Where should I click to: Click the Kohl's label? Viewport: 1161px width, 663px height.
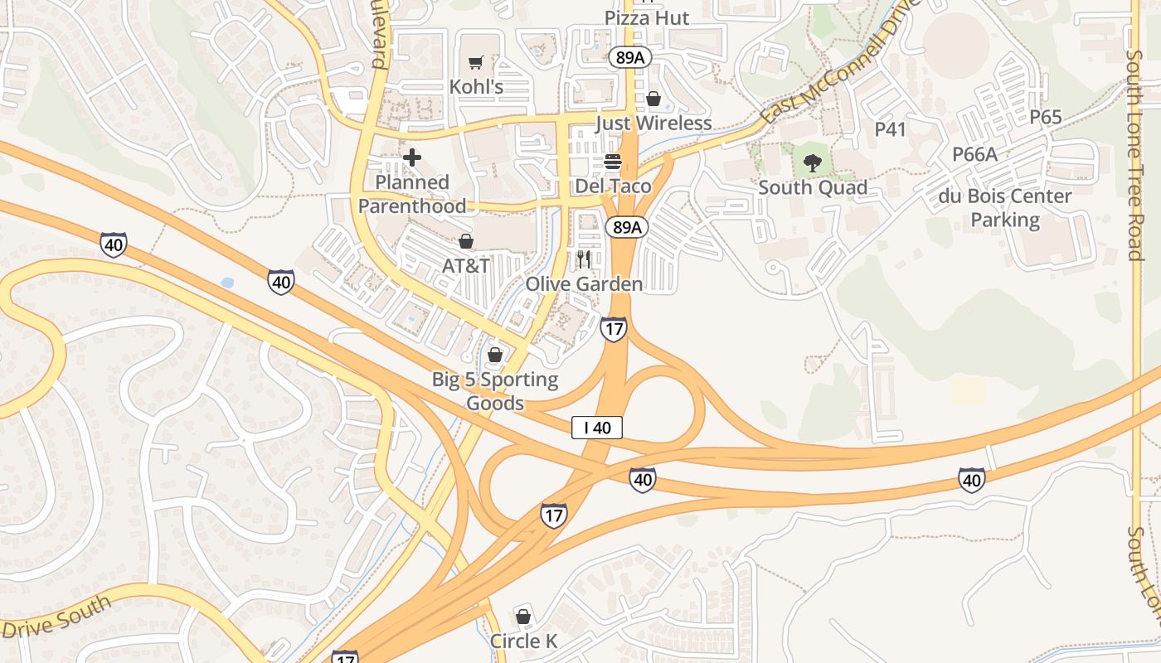(476, 86)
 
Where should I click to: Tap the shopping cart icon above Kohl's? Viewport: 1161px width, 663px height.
(475, 63)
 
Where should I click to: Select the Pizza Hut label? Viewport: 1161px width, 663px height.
(647, 18)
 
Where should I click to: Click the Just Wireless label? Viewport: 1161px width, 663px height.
(653, 123)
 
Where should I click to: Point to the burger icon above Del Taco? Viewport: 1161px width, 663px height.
(614, 162)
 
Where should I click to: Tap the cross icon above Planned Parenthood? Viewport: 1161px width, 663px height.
(412, 157)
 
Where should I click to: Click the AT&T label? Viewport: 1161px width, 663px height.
(466, 266)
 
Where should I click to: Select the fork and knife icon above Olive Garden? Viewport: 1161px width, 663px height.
(584, 259)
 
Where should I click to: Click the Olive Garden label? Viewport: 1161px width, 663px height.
(584, 284)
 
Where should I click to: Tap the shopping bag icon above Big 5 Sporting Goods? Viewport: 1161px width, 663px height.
(495, 356)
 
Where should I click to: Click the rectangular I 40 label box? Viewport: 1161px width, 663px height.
(597, 428)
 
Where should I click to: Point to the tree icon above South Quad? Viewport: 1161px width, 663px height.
(813, 163)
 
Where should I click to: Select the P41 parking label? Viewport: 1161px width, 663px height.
(891, 129)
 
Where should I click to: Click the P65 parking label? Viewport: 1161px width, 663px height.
(1046, 118)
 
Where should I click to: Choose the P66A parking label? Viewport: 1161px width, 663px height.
(974, 154)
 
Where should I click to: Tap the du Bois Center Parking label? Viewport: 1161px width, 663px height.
(1005, 208)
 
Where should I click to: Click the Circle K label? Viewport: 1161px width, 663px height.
(523, 641)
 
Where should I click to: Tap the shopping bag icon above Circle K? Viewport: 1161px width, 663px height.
(523, 617)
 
